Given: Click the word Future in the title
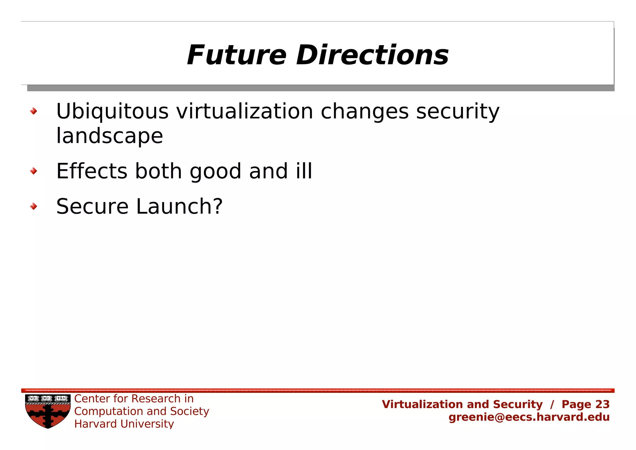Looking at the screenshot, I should [x=236, y=55].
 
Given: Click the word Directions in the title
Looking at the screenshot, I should [x=372, y=55].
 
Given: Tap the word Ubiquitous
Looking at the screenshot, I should [x=112, y=112].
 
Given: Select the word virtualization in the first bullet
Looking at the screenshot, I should [x=245, y=112].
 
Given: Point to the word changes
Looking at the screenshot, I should [x=364, y=112].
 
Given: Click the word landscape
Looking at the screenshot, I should [x=109, y=136].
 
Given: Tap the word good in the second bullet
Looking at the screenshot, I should [x=215, y=172].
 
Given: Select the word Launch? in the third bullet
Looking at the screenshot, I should [x=179, y=206].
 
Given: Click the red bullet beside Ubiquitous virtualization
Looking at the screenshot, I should [x=34, y=111].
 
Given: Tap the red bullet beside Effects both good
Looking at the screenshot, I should [x=34, y=171].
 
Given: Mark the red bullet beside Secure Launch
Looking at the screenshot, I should [x=34, y=206].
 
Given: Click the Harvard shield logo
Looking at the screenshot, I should [x=48, y=411].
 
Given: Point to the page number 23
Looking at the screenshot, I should [x=602, y=404].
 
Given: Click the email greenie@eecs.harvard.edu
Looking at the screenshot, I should [x=529, y=417].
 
